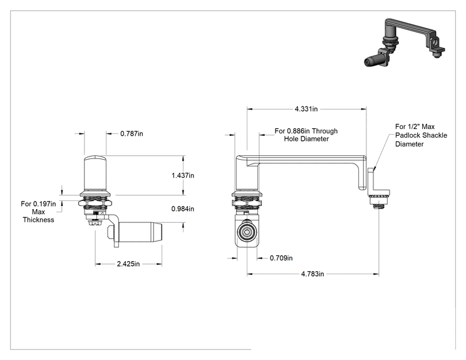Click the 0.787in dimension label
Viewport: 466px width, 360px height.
point(132,133)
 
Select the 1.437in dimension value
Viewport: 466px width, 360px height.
point(183,175)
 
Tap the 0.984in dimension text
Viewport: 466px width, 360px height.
point(183,209)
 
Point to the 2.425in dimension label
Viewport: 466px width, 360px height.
point(128,264)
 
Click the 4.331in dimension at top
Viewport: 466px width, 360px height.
point(306,109)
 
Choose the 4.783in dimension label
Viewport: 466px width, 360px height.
point(313,274)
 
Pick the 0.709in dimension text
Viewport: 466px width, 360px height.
point(281,258)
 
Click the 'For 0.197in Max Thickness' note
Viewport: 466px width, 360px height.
point(38,212)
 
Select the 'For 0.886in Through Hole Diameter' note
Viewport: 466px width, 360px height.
point(306,135)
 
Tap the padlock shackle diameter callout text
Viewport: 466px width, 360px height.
point(421,135)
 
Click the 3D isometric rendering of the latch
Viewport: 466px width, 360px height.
point(405,43)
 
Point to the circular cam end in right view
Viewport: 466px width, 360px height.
point(247,232)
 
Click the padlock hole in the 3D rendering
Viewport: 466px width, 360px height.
point(436,42)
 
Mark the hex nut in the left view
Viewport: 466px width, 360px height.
point(95,203)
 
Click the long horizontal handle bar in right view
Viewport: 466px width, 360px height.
point(306,160)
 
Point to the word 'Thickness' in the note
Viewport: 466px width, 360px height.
point(38,220)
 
